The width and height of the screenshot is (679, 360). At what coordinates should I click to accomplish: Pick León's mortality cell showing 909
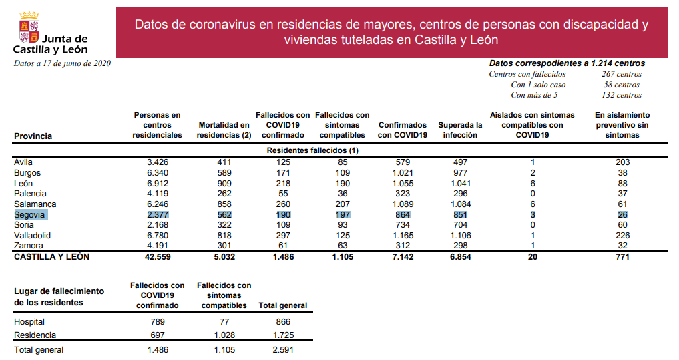coord(224,183)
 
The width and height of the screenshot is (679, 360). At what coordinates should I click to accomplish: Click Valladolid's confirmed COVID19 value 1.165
coord(402,236)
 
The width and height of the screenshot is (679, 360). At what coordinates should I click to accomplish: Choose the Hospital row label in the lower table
coord(29,322)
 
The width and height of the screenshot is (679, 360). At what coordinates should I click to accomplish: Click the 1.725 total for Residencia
coord(283,335)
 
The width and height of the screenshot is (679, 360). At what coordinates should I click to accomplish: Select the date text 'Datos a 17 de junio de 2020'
coord(62,63)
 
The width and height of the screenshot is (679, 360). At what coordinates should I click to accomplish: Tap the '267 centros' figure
coord(621,74)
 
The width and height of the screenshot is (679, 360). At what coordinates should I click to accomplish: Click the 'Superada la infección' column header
coord(460,130)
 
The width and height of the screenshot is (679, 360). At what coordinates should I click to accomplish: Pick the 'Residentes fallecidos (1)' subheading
coord(313,150)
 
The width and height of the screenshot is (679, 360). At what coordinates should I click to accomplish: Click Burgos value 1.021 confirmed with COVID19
coord(402,172)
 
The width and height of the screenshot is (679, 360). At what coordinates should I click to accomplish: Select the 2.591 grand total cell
coord(283,349)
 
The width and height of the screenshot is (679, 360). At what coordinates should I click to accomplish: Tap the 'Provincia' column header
coord(33,136)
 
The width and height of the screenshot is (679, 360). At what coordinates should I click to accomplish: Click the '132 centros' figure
coord(621,95)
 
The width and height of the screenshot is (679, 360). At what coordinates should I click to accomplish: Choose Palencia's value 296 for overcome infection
coord(460,194)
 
